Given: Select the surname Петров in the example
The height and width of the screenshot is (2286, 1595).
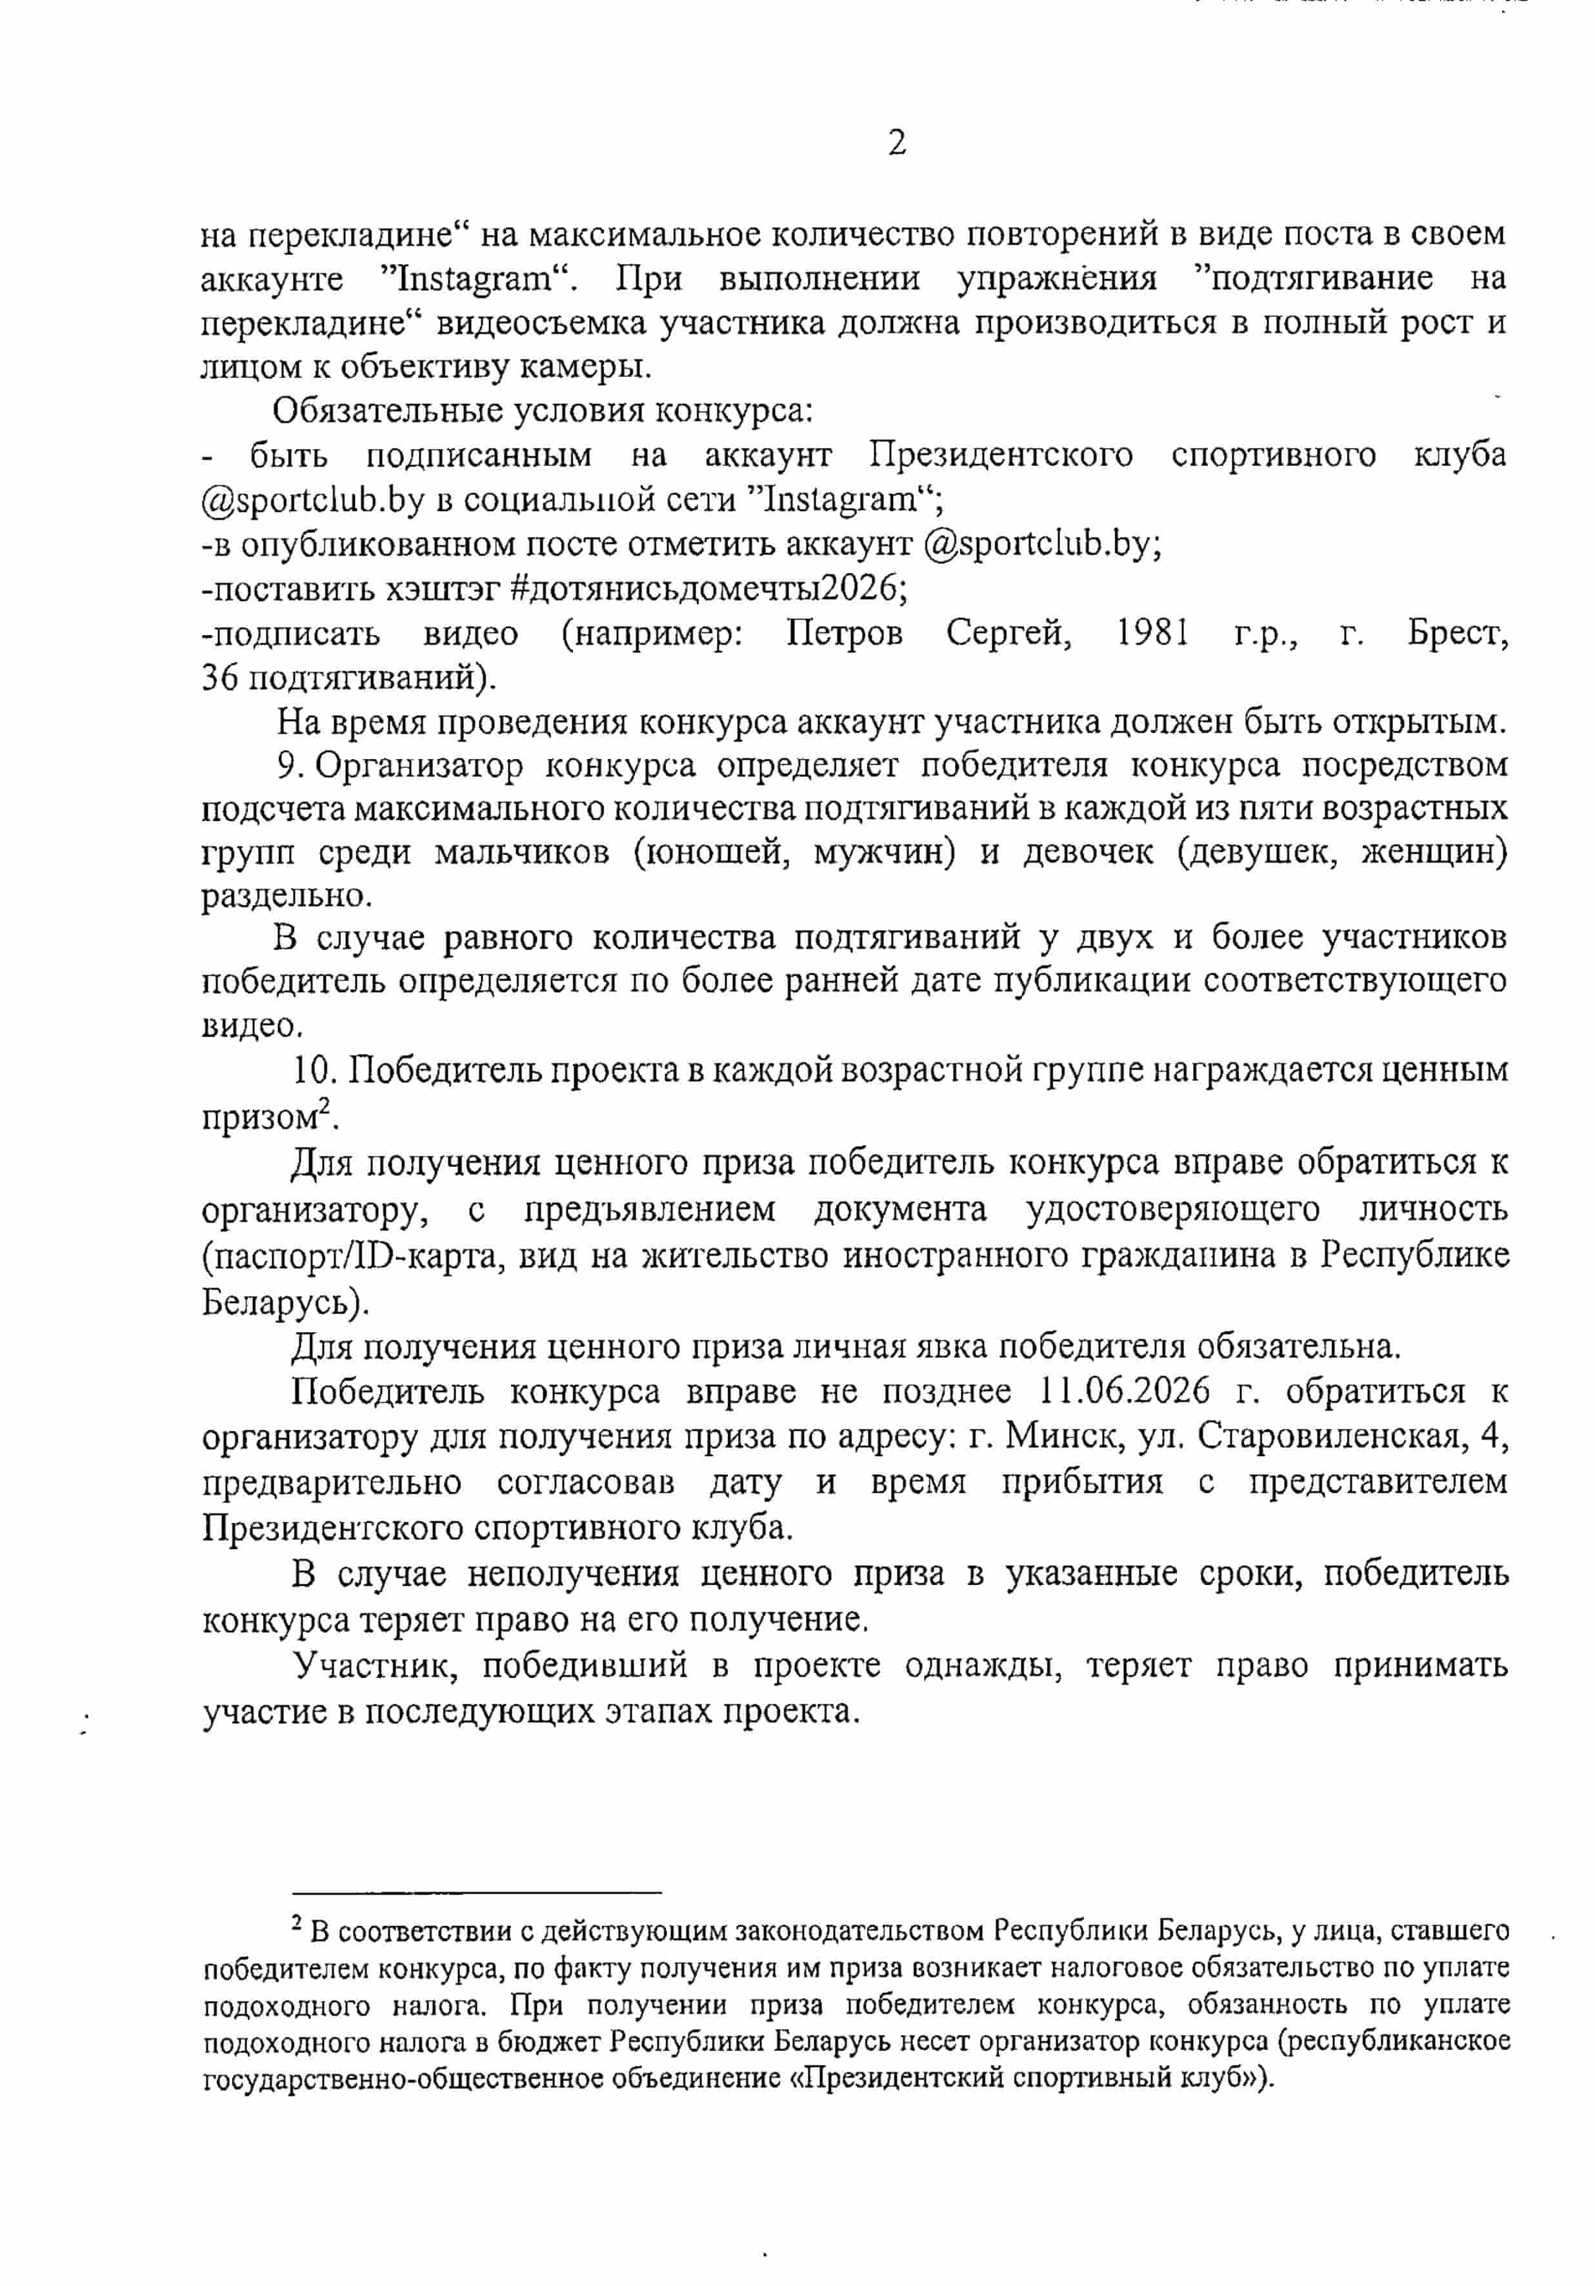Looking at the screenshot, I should point(845,633).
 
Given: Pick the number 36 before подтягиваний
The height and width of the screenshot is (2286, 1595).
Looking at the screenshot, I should point(219,678).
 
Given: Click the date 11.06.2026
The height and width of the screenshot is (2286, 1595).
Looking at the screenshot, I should point(1124,1390).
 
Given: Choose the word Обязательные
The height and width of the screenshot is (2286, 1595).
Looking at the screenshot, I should point(390,410).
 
